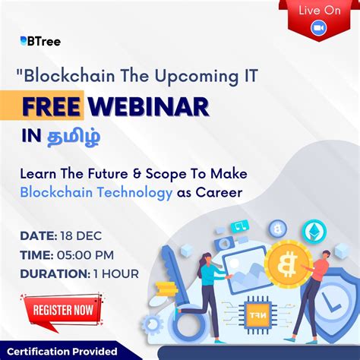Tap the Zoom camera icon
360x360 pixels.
coord(318,28)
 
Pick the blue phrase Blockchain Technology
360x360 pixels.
coord(96,193)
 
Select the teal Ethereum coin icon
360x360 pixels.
coord(312,230)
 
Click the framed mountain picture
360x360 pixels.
coord(244,269)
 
